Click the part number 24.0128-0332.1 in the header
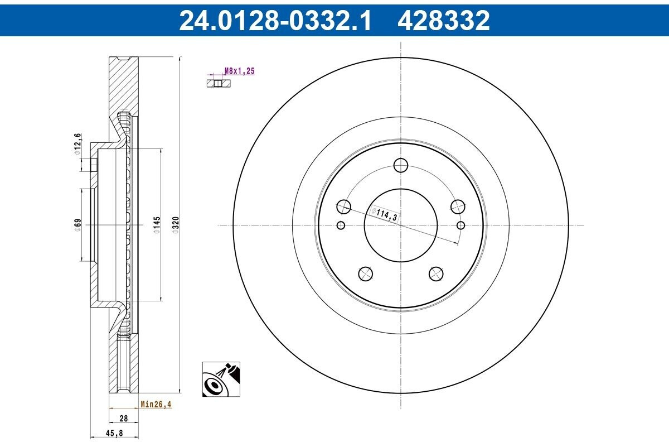[275, 20]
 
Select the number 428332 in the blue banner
[444, 20]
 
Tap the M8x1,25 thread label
[240, 71]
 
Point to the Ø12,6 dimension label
[77, 144]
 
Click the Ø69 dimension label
[77, 225]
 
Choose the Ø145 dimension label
[157, 225]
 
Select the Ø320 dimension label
[176, 225]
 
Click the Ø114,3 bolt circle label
[385, 214]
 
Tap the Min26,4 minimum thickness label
[156, 404]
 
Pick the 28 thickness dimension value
[124, 419]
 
